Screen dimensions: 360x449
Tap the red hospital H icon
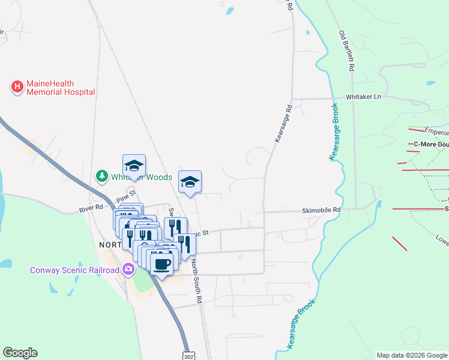17,88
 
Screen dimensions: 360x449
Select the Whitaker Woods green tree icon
102,176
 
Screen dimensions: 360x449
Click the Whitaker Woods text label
142,177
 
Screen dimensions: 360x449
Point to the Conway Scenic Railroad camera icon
127,269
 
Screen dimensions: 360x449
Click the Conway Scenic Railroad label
74,270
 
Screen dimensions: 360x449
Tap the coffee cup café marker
161,264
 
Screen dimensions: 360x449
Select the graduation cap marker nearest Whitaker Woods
134,166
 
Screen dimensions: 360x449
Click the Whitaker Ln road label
363,97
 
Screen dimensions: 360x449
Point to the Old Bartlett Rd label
345,52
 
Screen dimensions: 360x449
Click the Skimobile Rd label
321,211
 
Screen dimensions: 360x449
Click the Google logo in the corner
20,353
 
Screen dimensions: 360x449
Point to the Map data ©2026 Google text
412,355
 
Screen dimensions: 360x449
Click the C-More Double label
431,144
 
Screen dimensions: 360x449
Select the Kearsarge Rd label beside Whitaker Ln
283,124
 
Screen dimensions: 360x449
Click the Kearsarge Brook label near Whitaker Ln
334,131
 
